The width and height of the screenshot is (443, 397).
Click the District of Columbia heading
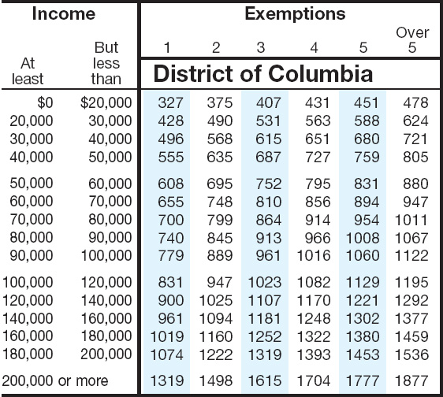click(263, 73)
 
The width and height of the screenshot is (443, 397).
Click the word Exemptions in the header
click(295, 14)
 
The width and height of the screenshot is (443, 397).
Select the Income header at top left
click(64, 13)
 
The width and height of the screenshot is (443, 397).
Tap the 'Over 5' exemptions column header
click(412, 40)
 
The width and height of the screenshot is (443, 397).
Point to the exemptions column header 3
click(261, 47)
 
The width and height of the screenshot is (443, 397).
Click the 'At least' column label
click(28, 71)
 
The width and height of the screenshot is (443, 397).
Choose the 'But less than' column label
click(106, 63)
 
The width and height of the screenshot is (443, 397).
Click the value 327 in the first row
click(170, 102)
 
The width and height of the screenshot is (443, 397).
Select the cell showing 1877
click(411, 380)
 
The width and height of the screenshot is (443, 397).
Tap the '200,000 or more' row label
click(55, 380)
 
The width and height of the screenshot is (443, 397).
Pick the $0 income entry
click(45, 102)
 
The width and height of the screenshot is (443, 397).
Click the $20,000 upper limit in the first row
click(106, 102)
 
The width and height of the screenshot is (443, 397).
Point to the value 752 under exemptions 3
click(268, 184)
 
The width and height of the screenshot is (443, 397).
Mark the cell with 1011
click(411, 220)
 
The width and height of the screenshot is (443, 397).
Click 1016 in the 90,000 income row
click(314, 256)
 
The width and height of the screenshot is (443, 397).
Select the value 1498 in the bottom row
click(216, 380)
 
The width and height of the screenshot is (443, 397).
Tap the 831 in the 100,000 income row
click(170, 282)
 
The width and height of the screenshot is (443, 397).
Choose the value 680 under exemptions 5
click(367, 139)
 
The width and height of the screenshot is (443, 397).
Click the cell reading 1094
click(216, 318)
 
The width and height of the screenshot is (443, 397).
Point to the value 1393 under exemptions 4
click(314, 354)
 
